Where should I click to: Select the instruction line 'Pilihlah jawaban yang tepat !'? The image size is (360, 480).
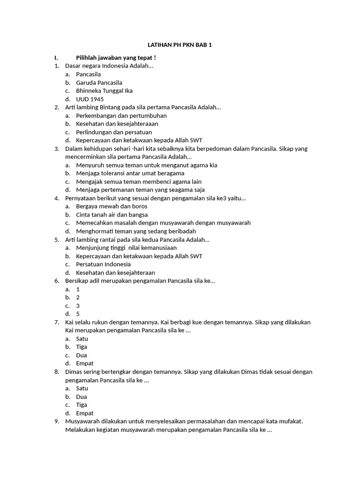coord(116,58)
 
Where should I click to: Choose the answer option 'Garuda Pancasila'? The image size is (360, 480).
coord(99,82)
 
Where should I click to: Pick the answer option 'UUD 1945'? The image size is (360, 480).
coord(90,99)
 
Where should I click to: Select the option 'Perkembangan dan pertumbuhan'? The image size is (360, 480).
coord(121,116)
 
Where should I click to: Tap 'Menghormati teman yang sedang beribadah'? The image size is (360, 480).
coord(136,231)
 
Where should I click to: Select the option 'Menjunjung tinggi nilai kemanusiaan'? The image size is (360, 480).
coord(127,248)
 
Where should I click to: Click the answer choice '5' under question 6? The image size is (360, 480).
coord(78,314)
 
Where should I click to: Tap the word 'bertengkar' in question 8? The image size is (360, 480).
coord(122,372)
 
